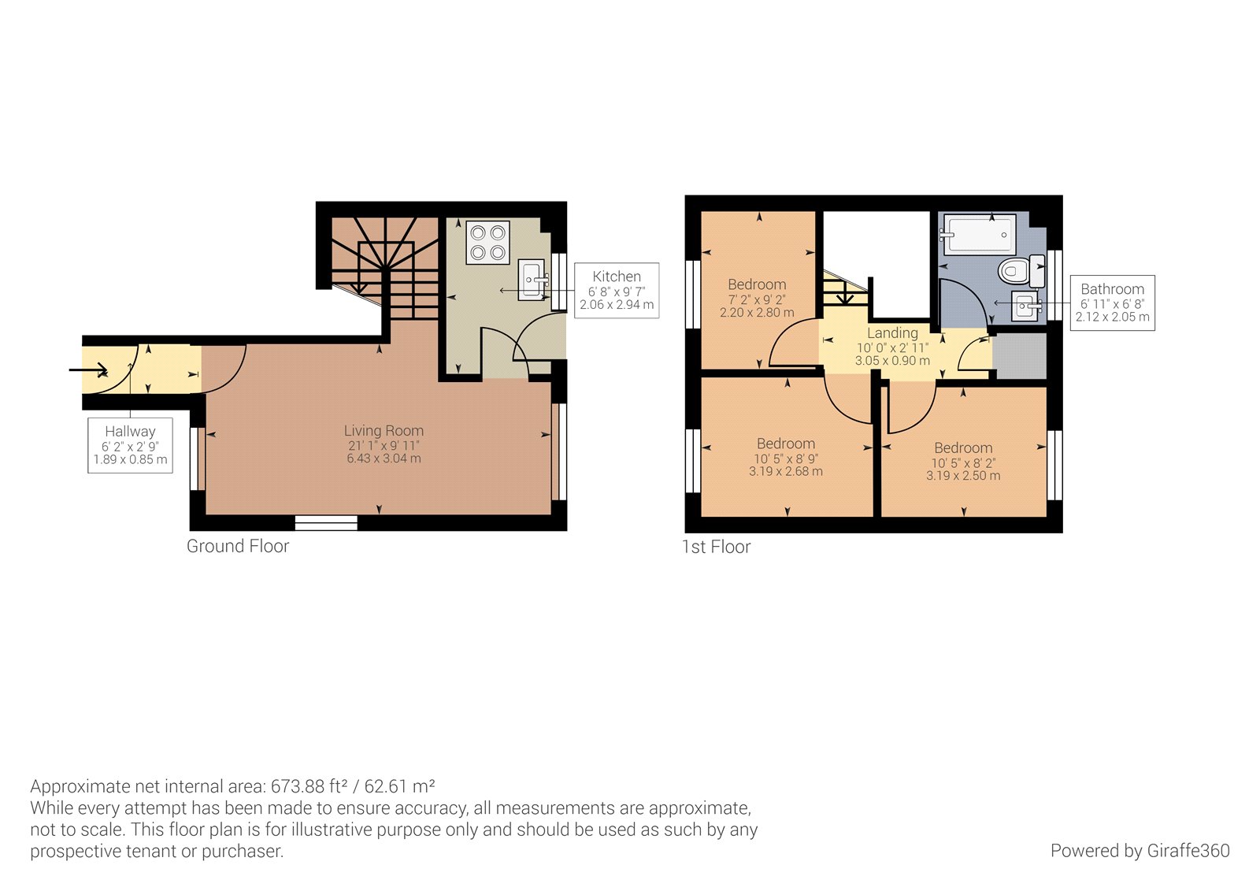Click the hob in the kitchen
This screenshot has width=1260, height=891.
tap(487, 243)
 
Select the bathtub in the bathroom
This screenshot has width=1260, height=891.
tap(977, 235)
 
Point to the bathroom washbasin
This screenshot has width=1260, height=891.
tap(1025, 306)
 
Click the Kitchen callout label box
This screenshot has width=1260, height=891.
tap(617, 290)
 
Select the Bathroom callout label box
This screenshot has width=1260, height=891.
tap(1112, 303)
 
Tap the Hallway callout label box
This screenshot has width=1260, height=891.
tap(130, 445)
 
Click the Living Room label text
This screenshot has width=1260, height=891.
tap(384, 431)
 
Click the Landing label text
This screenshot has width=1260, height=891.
tap(892, 333)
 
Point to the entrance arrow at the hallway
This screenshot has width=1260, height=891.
tap(89, 370)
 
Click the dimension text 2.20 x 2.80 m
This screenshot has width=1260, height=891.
tap(757, 313)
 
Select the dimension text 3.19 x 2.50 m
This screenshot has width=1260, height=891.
tap(963, 476)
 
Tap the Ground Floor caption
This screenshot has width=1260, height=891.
tap(238, 546)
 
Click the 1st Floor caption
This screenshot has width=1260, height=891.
tap(716, 547)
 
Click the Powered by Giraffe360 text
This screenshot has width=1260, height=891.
tap(1140, 851)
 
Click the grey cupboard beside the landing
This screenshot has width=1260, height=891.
tap(1019, 356)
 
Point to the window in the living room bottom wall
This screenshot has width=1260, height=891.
tap(326, 522)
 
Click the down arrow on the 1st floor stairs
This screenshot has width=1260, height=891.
tap(844, 296)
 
